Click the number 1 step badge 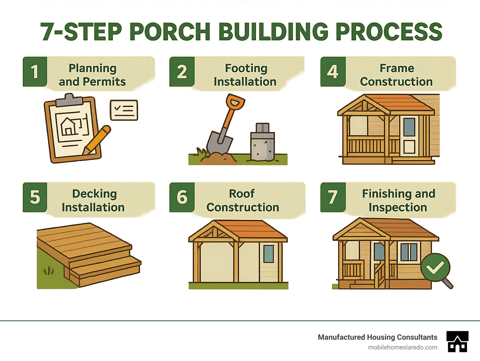click(x=35, y=72)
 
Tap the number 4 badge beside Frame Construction click(x=333, y=72)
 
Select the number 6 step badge click(x=182, y=197)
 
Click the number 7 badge click(x=333, y=197)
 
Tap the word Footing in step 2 click(x=246, y=68)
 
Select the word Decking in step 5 click(x=94, y=194)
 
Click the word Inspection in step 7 click(x=397, y=207)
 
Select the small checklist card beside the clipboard click(x=124, y=110)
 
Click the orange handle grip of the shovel click(x=235, y=102)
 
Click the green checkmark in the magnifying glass click(x=435, y=267)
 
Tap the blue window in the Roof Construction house click(x=268, y=253)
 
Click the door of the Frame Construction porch click(x=409, y=136)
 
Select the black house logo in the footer click(x=457, y=342)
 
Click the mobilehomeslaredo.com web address click(x=402, y=347)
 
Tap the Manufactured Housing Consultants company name click(x=377, y=337)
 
